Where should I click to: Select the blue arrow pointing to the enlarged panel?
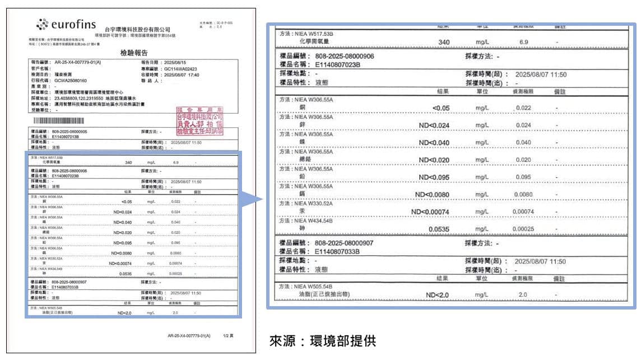pos(253,200)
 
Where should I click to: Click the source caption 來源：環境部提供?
pos(323,340)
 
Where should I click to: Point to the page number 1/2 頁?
pos(228,335)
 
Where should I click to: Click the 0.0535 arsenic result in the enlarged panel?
pos(439,229)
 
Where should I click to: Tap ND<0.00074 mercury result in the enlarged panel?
pos(430,211)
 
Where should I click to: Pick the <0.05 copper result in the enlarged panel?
pos(442,108)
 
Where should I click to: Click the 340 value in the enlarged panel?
pos(444,42)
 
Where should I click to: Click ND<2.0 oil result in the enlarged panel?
pos(438,295)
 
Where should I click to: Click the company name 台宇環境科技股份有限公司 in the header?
pos(137,29)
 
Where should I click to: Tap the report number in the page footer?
pos(189,335)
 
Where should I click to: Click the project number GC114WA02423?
pos(180,69)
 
